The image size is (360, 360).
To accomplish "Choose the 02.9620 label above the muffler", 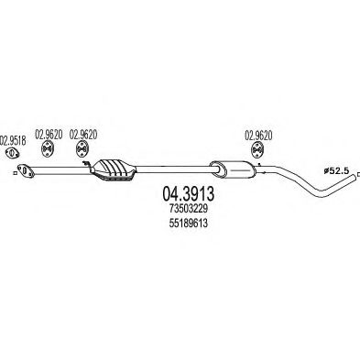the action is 259,136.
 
